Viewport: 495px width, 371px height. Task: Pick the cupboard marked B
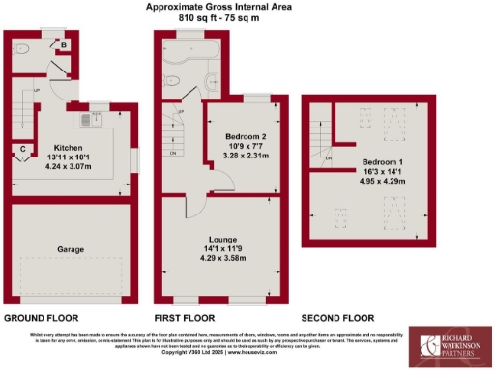click(63, 44)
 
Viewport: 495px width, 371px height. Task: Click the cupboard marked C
click(21, 149)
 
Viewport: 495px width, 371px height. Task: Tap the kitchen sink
click(86, 120)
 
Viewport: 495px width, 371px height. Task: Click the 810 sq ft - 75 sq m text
click(220, 17)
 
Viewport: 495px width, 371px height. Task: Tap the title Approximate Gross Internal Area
click(220, 7)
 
